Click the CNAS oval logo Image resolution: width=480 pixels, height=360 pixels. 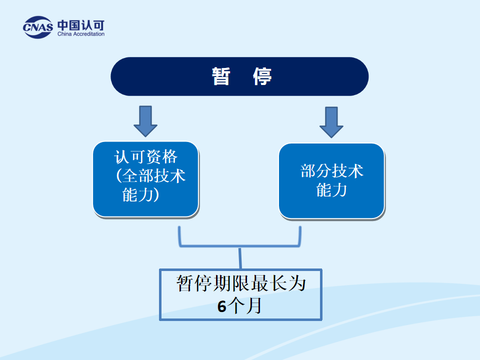pyautogui.click(x=37, y=28)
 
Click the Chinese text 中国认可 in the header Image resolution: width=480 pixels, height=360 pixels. pyautogui.click(x=80, y=24)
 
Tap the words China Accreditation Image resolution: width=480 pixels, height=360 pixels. pyautogui.click(x=81, y=34)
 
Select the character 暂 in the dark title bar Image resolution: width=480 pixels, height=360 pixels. pyautogui.click(x=220, y=76)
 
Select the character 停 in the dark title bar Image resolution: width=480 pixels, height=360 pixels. pyautogui.click(x=262, y=76)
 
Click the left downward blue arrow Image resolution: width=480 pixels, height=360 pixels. pyautogui.click(x=145, y=120)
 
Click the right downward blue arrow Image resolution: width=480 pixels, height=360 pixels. pyautogui.click(x=331, y=121)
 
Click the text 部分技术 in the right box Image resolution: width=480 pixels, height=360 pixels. pyautogui.click(x=331, y=171)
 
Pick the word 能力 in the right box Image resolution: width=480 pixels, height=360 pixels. pyautogui.click(x=331, y=190)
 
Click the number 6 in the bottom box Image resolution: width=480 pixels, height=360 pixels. pyautogui.click(x=222, y=306)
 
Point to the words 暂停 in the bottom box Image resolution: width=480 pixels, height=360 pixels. pyautogui.click(x=194, y=283)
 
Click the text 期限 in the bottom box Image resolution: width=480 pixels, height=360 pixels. pyautogui.click(x=228, y=283)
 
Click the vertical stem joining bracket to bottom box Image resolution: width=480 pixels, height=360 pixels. pyautogui.click(x=240, y=258)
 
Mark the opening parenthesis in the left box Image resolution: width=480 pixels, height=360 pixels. pyautogui.click(x=118, y=175)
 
